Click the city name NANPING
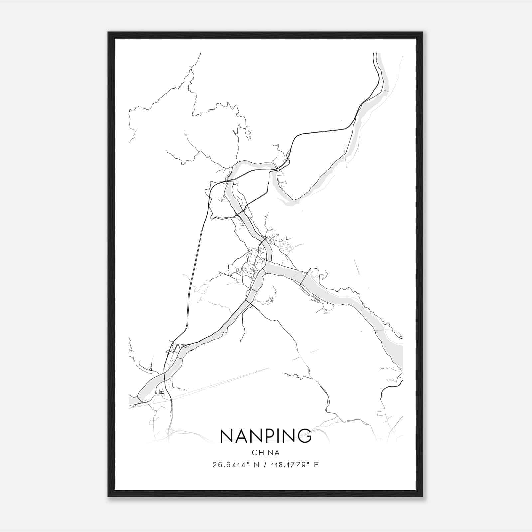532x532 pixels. click(265, 436)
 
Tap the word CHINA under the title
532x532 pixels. click(265, 453)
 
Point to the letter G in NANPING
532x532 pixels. click(304, 436)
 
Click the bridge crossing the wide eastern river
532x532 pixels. click(303, 279)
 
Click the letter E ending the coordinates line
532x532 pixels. click(316, 465)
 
